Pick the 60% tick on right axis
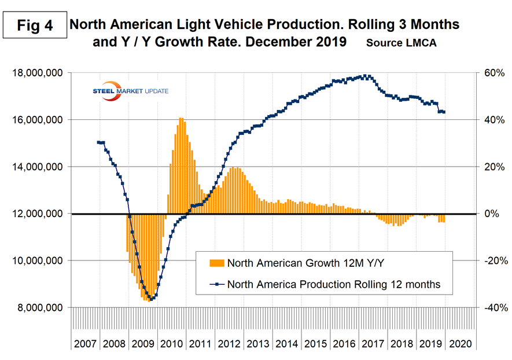tap(492, 73)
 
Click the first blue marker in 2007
tap(99, 142)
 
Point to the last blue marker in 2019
tap(444, 112)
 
